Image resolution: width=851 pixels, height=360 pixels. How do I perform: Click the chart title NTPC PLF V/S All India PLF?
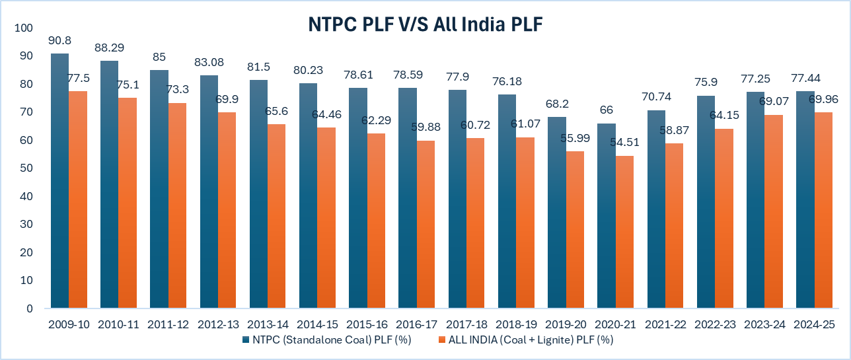click(x=425, y=24)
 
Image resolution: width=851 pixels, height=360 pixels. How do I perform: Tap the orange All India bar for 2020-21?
click(x=624, y=232)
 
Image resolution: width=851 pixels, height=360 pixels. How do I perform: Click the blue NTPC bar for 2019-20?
click(x=557, y=212)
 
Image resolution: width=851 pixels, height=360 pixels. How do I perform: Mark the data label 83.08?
click(x=209, y=62)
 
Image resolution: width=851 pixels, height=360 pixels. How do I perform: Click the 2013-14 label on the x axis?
click(x=268, y=324)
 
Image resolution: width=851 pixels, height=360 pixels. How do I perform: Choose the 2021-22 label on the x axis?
click(x=665, y=324)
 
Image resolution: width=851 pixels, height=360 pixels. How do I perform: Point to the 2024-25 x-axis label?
click(x=814, y=324)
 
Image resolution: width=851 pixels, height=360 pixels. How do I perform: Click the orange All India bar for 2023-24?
click(x=774, y=211)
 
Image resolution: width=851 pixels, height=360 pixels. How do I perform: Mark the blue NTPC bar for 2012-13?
click(x=209, y=192)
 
